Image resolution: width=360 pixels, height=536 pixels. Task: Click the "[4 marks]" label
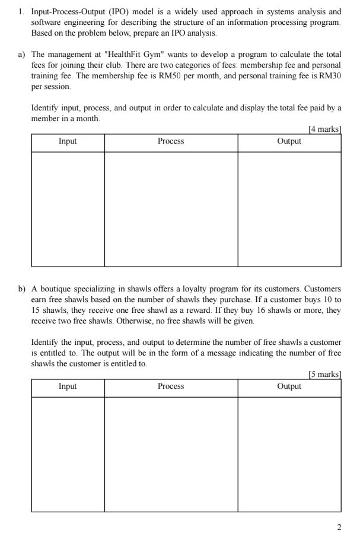click(325, 129)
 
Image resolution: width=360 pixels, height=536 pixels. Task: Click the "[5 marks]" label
click(325, 374)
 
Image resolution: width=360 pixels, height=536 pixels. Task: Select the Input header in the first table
click(68, 141)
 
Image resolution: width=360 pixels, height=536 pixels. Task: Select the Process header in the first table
click(171, 141)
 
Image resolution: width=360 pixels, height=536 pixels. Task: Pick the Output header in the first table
click(289, 141)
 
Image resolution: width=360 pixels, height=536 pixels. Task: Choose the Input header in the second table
click(68, 386)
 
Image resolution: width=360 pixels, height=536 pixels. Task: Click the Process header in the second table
click(171, 386)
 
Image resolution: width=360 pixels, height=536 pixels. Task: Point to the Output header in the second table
click(289, 386)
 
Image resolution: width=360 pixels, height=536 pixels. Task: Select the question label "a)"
click(21, 55)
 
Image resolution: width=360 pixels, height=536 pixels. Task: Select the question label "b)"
click(21, 289)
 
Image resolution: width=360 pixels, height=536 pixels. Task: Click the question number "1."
click(21, 12)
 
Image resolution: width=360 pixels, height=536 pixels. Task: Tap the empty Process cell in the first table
click(171, 209)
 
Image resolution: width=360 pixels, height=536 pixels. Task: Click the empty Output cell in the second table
click(289, 454)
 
